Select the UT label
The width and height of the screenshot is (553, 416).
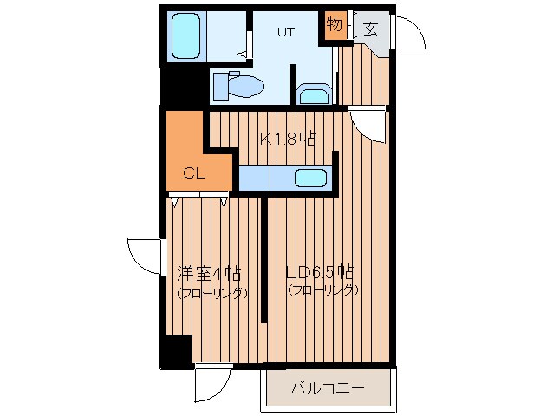pyautogui.click(x=285, y=32)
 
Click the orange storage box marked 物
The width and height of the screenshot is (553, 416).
pyautogui.click(x=335, y=25)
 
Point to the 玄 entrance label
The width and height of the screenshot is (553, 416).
pyautogui.click(x=370, y=28)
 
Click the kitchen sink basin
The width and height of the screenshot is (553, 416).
pyautogui.click(x=310, y=178)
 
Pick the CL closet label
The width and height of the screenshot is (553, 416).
pyautogui.click(x=193, y=172)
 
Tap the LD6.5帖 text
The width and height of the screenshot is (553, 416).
pyautogui.click(x=320, y=270)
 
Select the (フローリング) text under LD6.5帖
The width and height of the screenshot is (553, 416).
pyautogui.click(x=322, y=290)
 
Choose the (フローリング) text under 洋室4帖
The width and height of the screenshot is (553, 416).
pyautogui.click(x=211, y=293)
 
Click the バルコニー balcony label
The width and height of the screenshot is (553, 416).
pyautogui.click(x=328, y=387)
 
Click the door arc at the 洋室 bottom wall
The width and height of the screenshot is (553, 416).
pyautogui.click(x=212, y=382)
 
